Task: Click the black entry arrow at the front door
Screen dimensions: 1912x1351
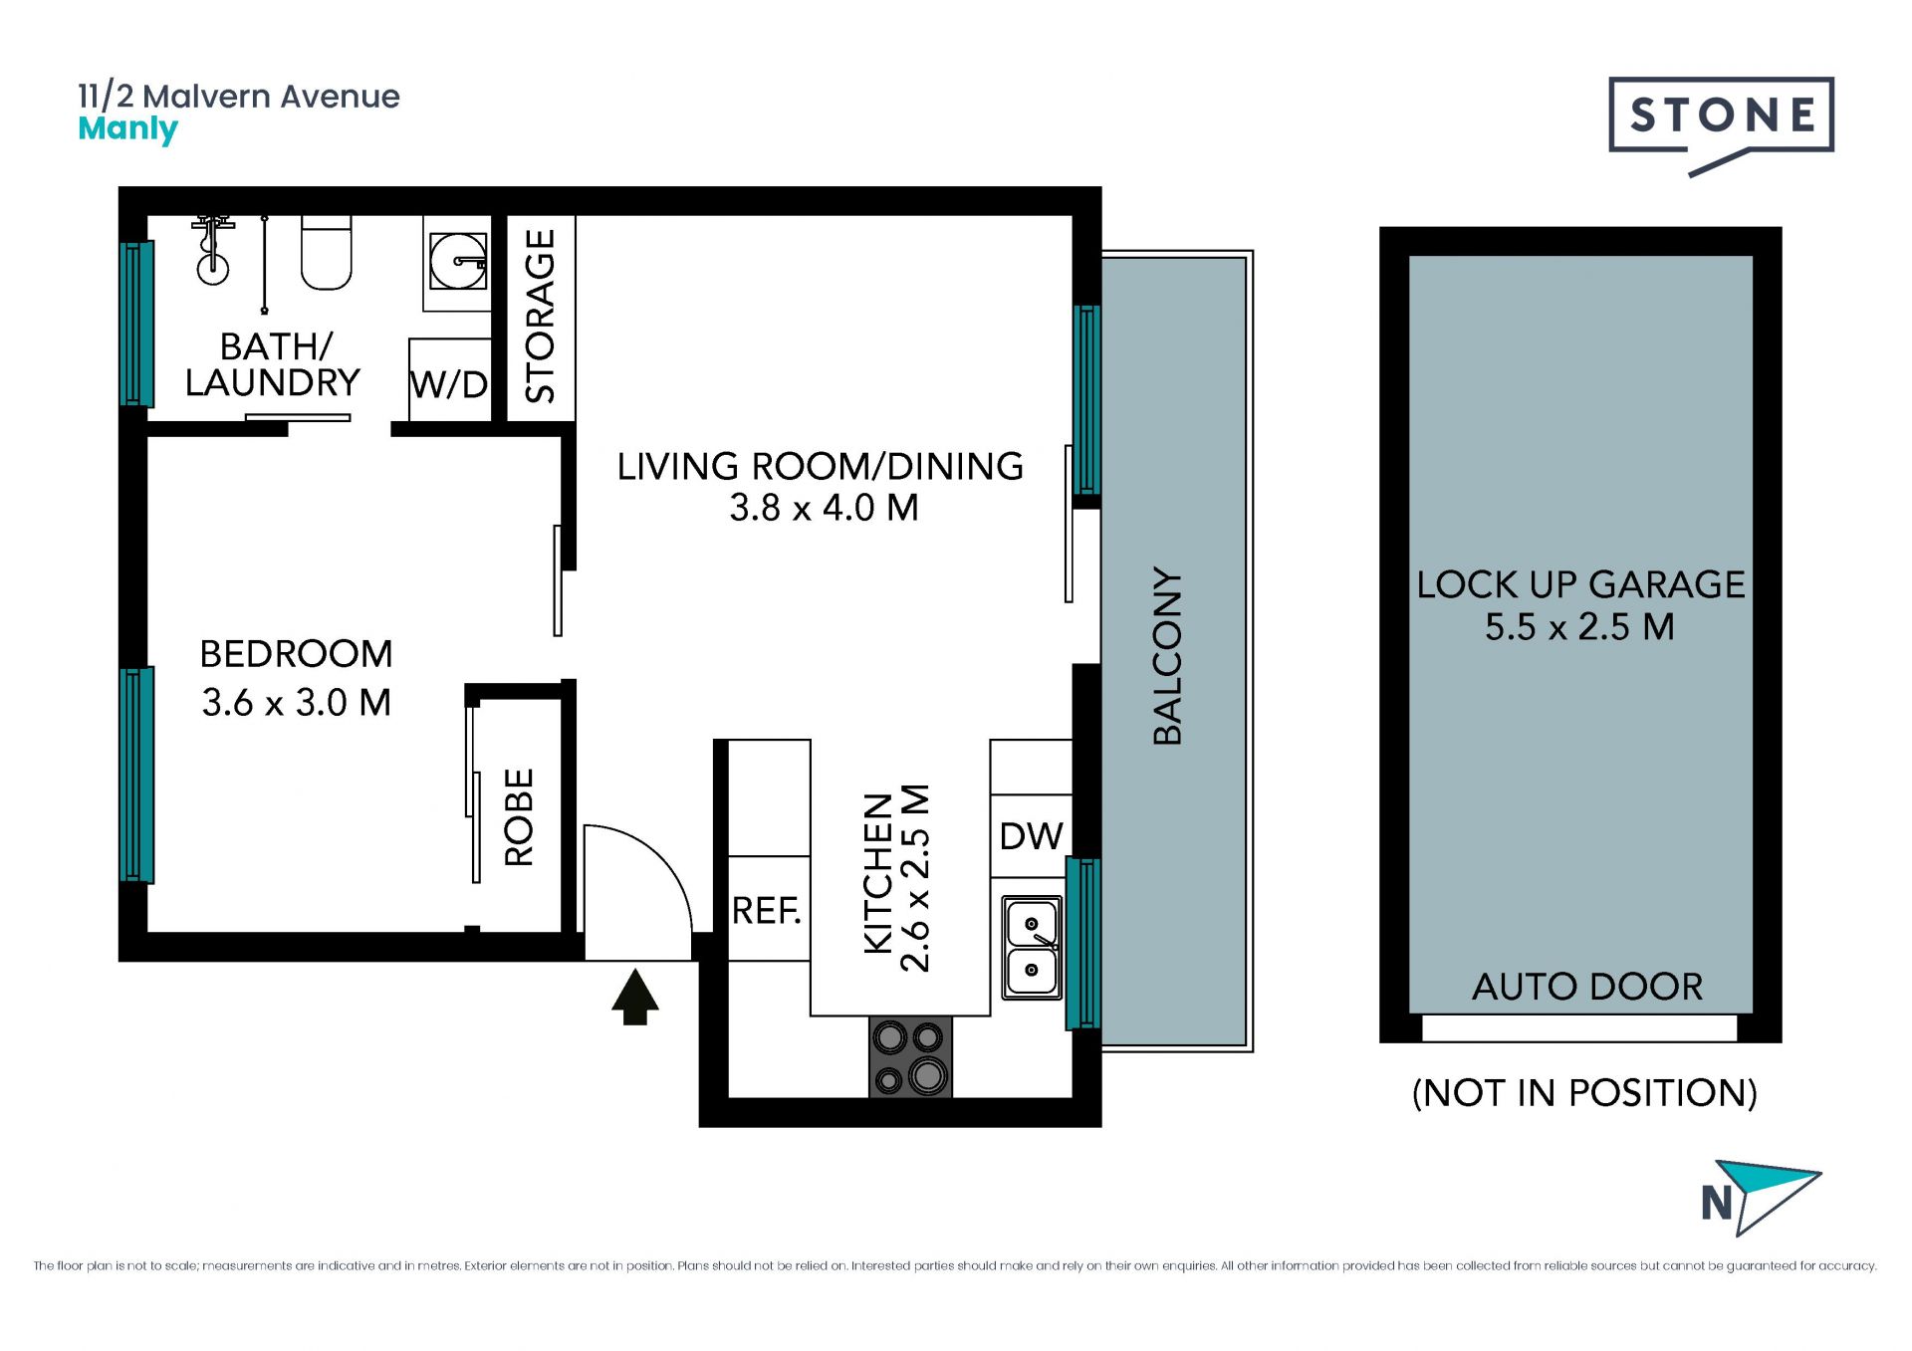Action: tap(634, 997)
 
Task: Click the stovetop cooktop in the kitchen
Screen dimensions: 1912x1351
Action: tap(910, 1056)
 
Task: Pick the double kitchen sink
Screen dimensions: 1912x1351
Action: tap(1032, 947)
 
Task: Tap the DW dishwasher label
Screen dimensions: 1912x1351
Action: tap(1031, 836)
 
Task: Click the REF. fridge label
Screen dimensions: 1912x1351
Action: tap(767, 910)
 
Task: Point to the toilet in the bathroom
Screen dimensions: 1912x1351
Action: tap(327, 253)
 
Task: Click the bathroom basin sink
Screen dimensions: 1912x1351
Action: tap(458, 261)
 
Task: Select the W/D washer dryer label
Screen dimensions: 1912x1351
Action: tap(449, 384)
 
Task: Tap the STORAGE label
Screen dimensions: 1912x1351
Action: tap(540, 316)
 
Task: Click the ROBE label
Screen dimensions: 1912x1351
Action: tap(519, 816)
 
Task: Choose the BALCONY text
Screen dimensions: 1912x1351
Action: tap(1167, 656)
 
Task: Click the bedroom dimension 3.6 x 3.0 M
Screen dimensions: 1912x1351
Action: tap(297, 703)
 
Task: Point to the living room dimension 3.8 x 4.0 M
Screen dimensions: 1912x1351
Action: tap(824, 508)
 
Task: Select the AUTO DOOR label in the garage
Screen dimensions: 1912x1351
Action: tap(1587, 987)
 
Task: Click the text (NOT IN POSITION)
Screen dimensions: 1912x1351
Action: tap(1584, 1093)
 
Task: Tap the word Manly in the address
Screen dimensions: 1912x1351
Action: tap(127, 129)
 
